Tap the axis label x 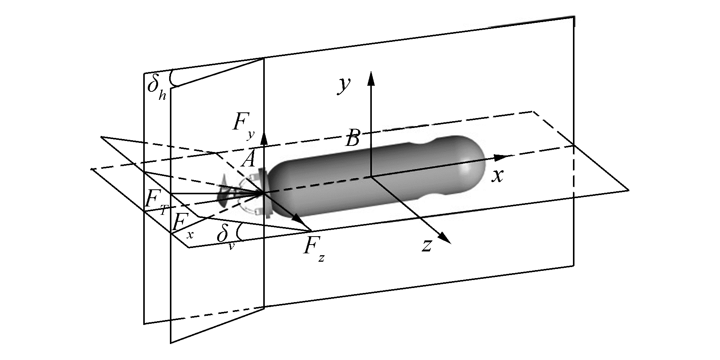tap(498, 176)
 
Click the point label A tap(248, 159)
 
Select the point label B tap(352, 139)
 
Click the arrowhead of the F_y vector tap(264, 139)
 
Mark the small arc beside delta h tap(174, 78)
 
